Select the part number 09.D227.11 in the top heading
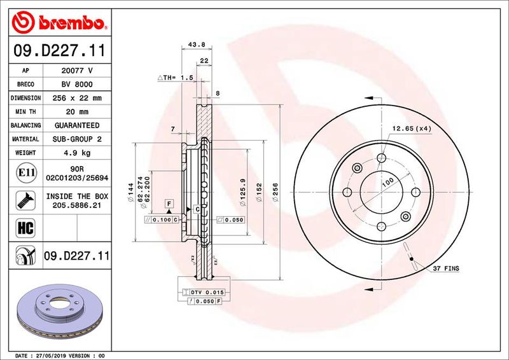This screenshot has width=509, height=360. [x=59, y=50]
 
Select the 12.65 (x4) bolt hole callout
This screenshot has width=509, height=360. [x=412, y=128]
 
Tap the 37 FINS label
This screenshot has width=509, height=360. [x=446, y=269]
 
